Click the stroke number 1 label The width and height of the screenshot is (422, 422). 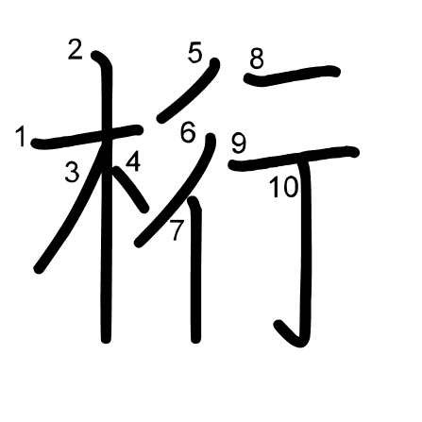tap(22, 136)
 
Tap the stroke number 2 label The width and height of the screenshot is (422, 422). tap(76, 49)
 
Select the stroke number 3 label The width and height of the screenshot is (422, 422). tap(72, 172)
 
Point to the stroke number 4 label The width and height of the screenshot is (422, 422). tap(133, 161)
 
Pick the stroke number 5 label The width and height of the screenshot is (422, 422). tap(194, 53)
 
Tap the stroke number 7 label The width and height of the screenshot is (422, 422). tap(177, 230)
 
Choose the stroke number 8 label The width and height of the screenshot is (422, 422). tap(257, 59)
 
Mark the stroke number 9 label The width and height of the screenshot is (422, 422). tap(239, 143)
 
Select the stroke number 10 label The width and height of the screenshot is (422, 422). tap(284, 187)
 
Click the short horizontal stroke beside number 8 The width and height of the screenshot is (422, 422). tap(292, 76)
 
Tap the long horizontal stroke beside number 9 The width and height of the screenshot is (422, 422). tap(294, 159)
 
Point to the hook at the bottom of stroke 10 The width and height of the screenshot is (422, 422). tap(291, 335)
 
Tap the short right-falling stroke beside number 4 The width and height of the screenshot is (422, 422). tap(131, 189)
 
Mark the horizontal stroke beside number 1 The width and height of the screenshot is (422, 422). tap(87, 136)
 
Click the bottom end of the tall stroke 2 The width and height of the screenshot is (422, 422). tap(106, 340)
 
